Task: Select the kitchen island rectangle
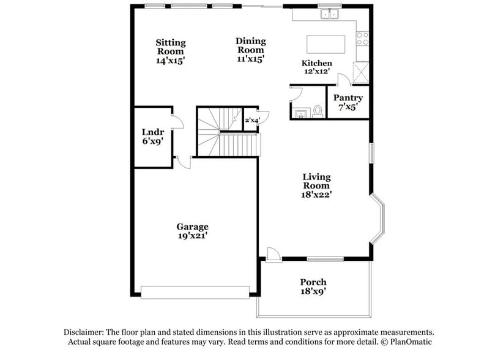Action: click(326, 45)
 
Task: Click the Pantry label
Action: click(348, 98)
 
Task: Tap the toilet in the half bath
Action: click(317, 111)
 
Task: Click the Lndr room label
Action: click(152, 132)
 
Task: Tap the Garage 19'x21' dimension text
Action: click(193, 236)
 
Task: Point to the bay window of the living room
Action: click(379, 220)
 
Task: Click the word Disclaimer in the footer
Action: click(84, 331)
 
